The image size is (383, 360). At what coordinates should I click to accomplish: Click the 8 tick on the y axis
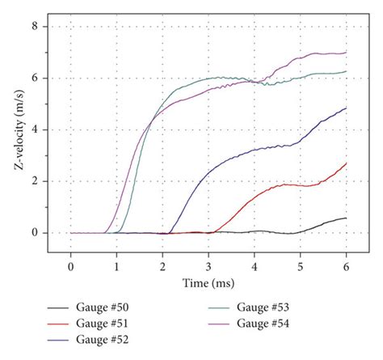coord(35,26)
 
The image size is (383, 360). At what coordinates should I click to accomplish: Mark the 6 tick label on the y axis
coord(35,78)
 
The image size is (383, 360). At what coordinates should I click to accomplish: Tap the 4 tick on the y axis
coord(35,129)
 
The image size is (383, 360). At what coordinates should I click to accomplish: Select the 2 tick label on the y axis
coord(35,181)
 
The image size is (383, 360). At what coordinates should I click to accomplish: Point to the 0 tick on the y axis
coord(35,233)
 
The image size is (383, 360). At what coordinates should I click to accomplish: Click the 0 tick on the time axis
coord(71,265)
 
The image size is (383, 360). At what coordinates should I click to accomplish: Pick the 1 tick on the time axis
coord(117,265)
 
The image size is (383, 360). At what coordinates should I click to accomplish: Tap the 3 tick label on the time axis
coord(208,265)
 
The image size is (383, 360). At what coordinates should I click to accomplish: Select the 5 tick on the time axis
coord(301,265)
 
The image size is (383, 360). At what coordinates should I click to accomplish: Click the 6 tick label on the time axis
coord(347,265)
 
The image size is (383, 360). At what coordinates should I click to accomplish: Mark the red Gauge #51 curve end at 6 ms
coord(347,163)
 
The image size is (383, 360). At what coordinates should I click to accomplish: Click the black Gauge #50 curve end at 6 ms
coord(347,218)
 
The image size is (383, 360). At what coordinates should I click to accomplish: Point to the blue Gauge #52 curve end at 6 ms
coord(347,108)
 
